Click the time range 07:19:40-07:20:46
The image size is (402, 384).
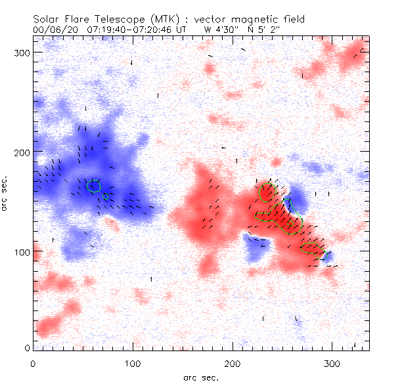pos(128,30)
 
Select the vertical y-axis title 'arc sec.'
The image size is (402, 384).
pos(5,193)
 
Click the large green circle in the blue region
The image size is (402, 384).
pos(94,186)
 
